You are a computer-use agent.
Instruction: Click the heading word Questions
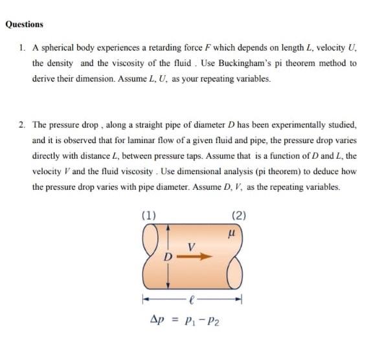[x=25, y=24]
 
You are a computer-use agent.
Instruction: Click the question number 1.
[x=22, y=49]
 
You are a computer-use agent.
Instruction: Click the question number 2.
[x=22, y=124]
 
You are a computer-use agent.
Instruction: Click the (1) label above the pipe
[x=148, y=216]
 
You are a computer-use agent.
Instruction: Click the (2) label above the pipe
[x=238, y=216]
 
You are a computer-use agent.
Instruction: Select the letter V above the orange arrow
[x=190, y=245]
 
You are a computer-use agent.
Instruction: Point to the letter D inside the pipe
[x=166, y=257]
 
